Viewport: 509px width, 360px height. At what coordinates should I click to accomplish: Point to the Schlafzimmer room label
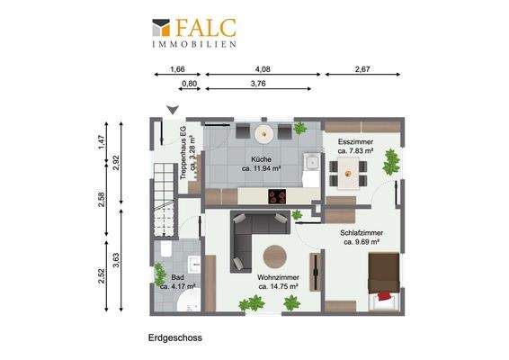363,237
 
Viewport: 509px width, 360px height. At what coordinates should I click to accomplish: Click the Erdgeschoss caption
175,339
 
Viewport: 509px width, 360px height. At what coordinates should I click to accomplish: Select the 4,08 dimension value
262,68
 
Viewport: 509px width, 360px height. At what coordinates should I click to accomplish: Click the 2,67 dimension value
362,68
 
